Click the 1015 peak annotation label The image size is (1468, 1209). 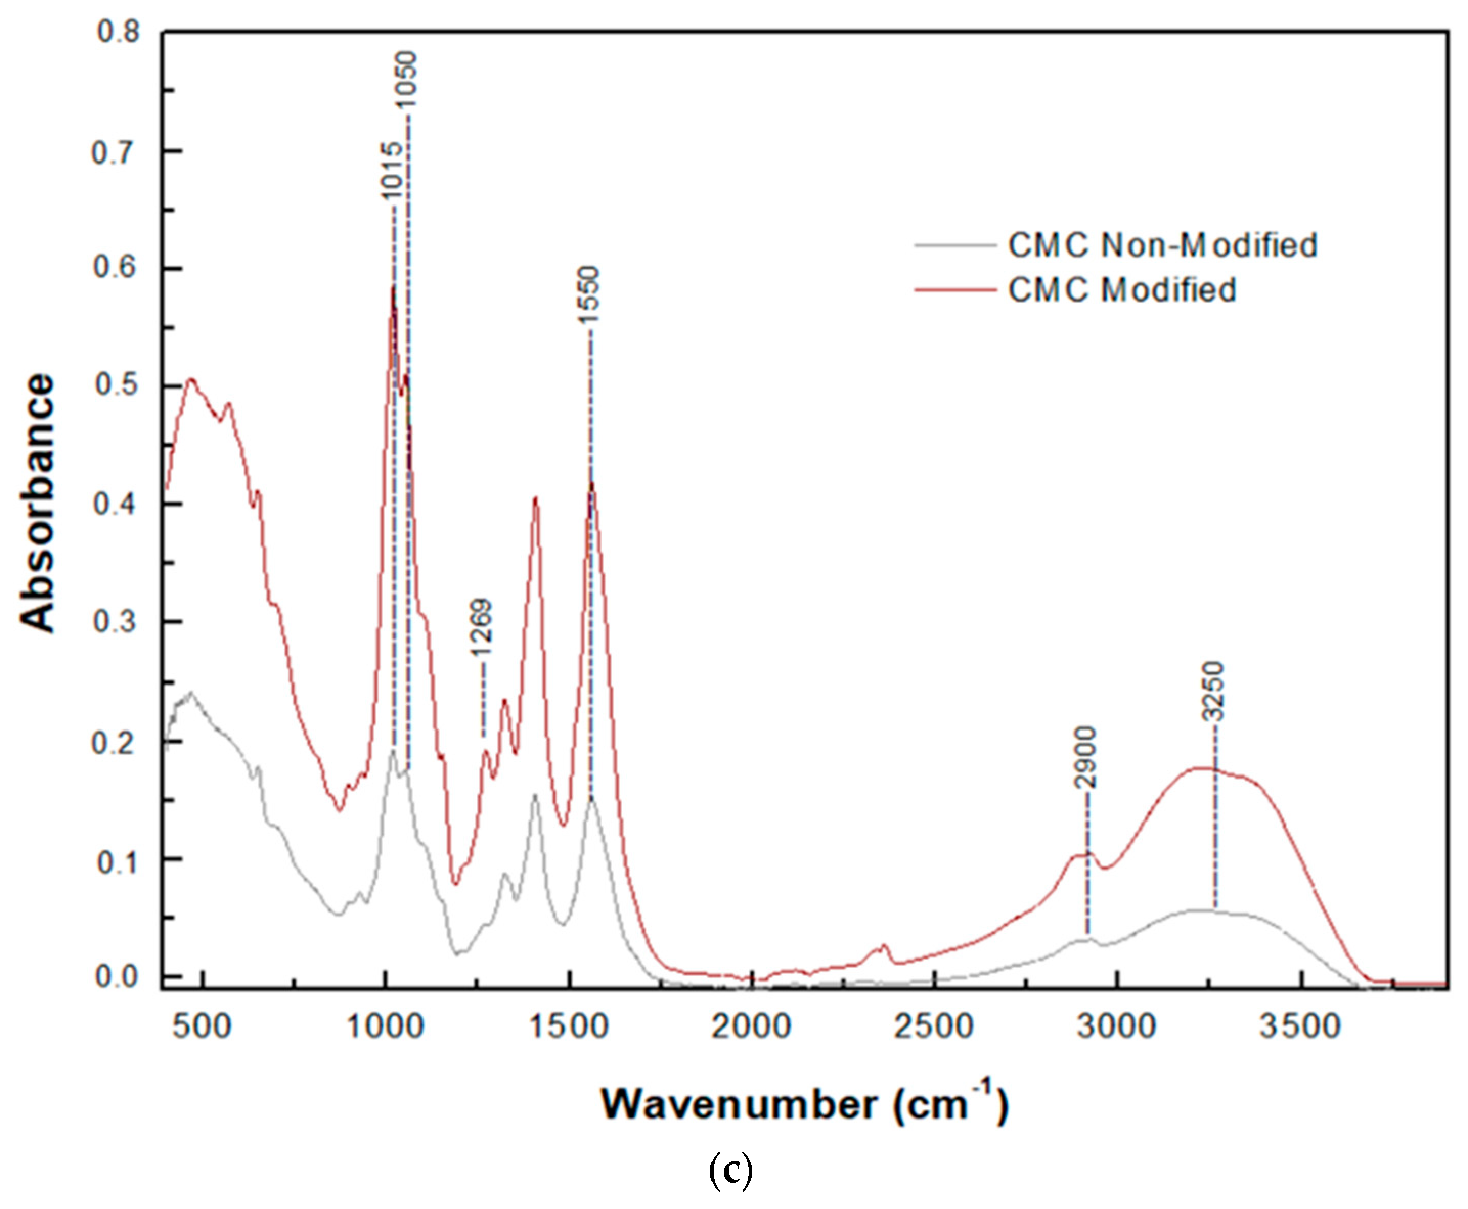(392, 171)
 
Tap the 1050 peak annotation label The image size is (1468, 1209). (406, 79)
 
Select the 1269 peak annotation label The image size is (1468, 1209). (481, 627)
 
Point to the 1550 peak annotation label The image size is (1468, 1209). (589, 294)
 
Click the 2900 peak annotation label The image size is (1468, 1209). (1085, 757)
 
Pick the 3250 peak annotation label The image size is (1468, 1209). (1214, 692)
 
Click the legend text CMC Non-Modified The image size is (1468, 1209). (1162, 245)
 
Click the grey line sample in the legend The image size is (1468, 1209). (954, 245)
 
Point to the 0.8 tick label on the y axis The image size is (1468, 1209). (119, 32)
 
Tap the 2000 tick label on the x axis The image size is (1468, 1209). (751, 1027)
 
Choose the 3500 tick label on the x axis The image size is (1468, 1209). (1300, 1027)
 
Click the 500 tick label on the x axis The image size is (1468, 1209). (202, 1027)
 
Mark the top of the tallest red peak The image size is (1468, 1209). (393, 286)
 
